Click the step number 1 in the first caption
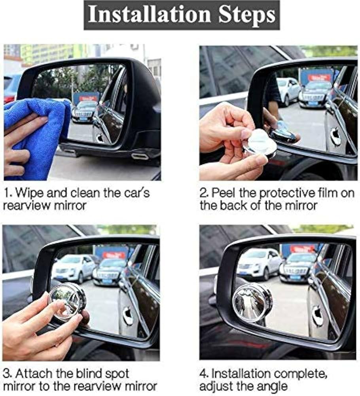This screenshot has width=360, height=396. (7, 194)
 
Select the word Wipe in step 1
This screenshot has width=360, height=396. (27, 194)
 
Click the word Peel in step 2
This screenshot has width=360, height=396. (222, 194)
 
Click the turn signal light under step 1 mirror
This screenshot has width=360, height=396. (140, 156)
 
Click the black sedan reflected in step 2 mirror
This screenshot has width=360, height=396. (315, 95)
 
